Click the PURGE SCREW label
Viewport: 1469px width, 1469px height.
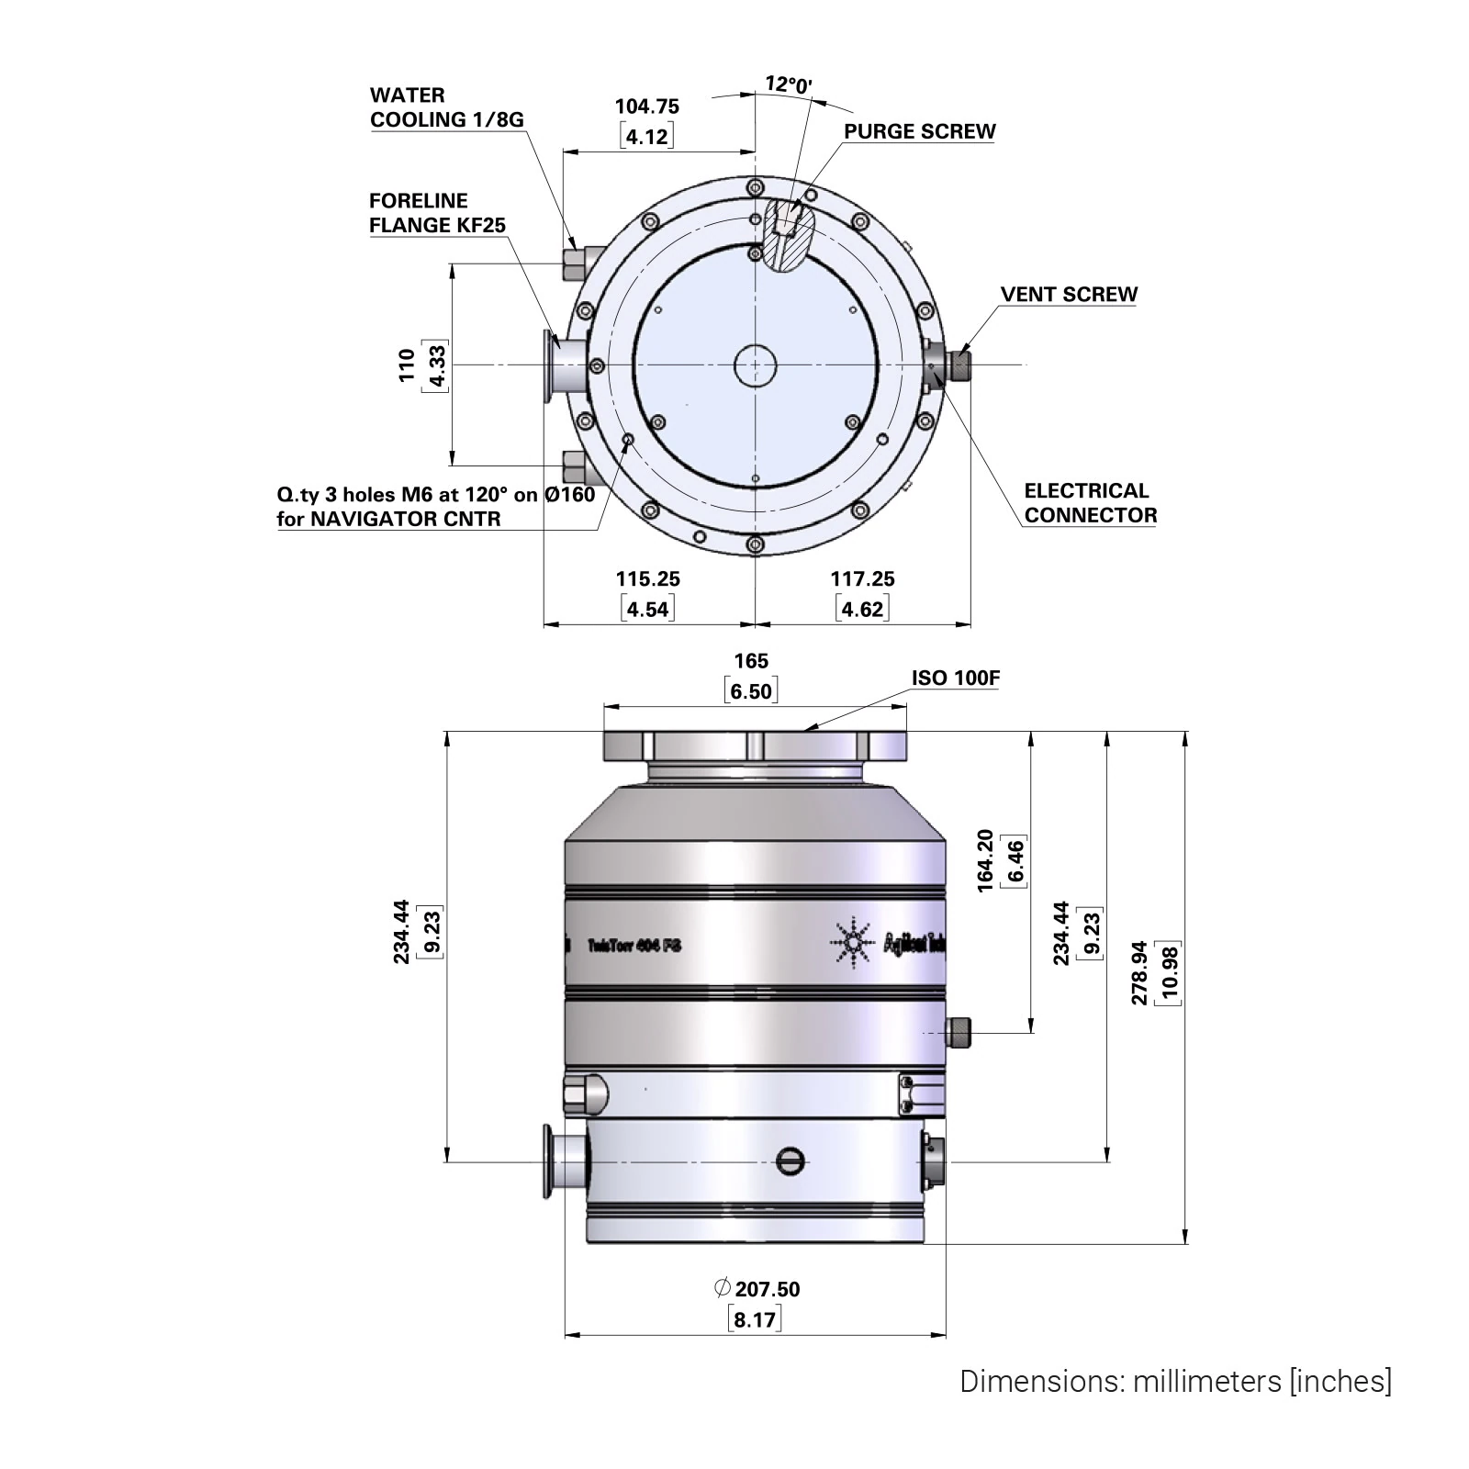coord(919,131)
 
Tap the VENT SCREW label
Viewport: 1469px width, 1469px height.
coord(1069,295)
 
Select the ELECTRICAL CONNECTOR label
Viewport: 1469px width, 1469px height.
coord(1090,503)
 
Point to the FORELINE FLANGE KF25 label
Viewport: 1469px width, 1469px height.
coord(437,213)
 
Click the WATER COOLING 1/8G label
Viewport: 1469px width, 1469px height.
coord(446,107)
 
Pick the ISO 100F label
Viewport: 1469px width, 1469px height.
coord(955,678)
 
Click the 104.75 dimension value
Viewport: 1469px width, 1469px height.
coord(647,107)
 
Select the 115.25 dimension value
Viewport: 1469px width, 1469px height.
coord(647,579)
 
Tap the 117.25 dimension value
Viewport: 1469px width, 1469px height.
coord(862,579)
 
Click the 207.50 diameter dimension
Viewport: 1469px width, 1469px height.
coord(767,1289)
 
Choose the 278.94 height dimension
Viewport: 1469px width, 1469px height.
coord(1139,972)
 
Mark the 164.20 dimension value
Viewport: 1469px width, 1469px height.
coord(985,861)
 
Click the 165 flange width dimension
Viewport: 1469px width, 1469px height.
coord(751,661)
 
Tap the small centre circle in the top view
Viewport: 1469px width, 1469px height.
coord(755,365)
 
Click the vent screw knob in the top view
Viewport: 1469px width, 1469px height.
coord(960,365)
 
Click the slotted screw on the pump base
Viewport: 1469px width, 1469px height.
coord(790,1161)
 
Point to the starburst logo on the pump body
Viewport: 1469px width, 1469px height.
coord(852,942)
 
